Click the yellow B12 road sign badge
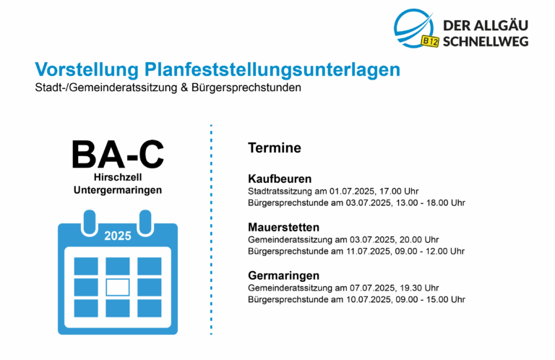430,41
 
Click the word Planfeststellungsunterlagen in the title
272,69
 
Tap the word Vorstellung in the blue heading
87,69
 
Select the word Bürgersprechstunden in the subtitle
246,87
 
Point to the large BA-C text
118,154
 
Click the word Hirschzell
118,177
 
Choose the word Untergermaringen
118,190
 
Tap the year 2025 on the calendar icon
118,236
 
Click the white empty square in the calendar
118,287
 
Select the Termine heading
275,148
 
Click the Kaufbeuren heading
280,179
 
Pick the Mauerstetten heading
283,227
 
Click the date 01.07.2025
352,192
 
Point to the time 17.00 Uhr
399,192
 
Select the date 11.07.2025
369,252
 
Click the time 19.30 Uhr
419,288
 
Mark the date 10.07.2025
369,299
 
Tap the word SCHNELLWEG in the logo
486,41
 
